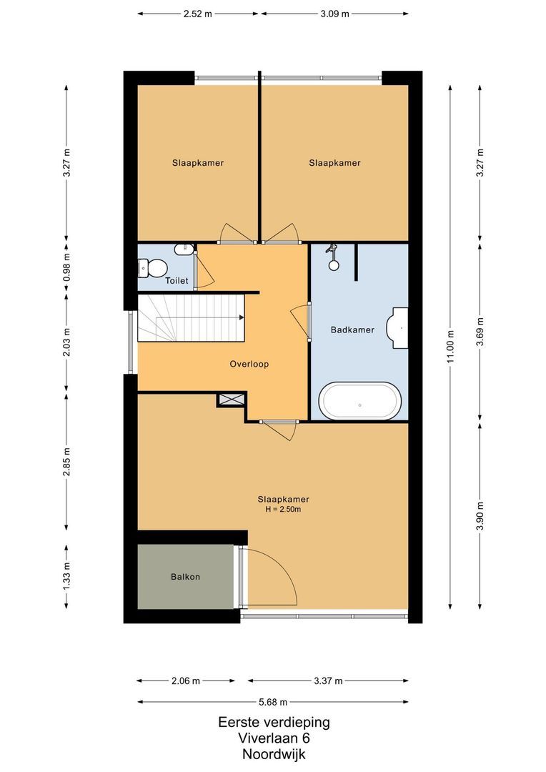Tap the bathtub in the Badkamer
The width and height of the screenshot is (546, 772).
coord(360,401)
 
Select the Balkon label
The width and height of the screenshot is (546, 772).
coord(185,577)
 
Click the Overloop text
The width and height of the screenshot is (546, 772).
coord(249,365)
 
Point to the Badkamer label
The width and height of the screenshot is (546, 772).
coord(352,330)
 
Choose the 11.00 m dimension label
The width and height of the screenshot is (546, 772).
coord(450,347)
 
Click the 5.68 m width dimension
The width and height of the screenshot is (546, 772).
coord(273,702)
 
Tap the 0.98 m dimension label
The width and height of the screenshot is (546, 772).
coord(66,267)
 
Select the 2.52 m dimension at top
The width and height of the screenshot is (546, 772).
coord(197,14)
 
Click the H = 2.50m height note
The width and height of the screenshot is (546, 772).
coord(283,510)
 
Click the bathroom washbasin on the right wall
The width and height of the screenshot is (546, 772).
coord(398,328)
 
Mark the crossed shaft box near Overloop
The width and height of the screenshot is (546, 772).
coord(232,400)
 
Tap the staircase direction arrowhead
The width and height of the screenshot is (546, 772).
coord(242,317)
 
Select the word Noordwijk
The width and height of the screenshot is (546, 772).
coord(274,754)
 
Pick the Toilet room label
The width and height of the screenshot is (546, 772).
coord(177,281)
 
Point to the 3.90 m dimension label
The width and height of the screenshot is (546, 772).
coord(480,515)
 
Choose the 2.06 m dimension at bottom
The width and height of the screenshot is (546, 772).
coord(186,681)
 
